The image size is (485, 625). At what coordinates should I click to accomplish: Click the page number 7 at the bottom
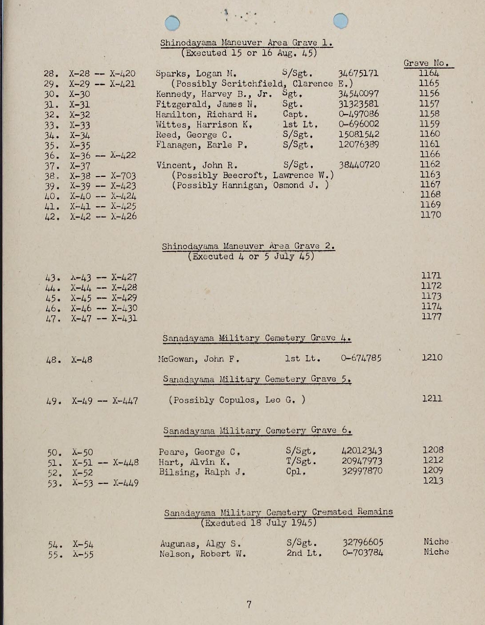(249, 604)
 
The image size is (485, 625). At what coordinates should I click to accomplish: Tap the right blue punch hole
(340, 21)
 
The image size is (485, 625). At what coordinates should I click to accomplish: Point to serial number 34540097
(358, 94)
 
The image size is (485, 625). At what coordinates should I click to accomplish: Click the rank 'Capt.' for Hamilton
(295, 114)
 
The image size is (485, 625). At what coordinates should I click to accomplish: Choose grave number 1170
(430, 215)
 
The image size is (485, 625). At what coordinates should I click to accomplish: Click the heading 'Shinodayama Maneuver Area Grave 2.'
(248, 246)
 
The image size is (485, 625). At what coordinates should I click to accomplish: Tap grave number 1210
(432, 357)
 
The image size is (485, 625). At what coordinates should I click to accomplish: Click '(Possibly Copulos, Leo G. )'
(237, 400)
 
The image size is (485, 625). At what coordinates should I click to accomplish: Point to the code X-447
(125, 401)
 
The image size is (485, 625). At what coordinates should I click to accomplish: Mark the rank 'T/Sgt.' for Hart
(301, 461)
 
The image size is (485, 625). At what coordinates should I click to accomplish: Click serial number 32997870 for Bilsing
(362, 471)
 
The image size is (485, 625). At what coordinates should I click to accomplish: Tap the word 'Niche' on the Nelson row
(436, 552)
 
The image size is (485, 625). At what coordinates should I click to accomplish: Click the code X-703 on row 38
(123, 176)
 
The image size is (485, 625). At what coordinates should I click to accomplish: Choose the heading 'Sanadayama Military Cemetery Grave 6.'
(257, 430)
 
